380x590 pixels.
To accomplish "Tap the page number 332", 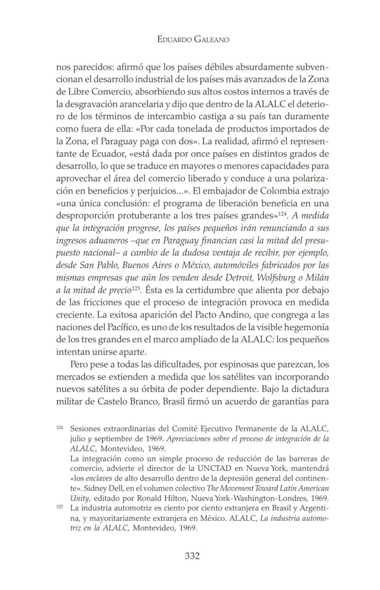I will (192, 556).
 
